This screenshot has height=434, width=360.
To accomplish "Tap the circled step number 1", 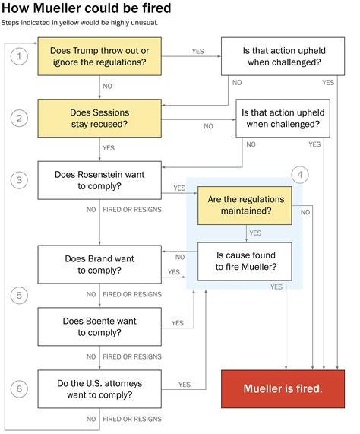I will coord(22,56).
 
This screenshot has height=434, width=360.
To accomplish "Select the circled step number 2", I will coord(22,118).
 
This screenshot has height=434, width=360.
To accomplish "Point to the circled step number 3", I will coord(22,179).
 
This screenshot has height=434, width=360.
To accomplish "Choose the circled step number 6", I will coord(22,388).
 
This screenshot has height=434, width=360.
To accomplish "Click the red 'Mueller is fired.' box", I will coord(283,388).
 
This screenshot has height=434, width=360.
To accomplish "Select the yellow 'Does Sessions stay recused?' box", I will coord(104,119).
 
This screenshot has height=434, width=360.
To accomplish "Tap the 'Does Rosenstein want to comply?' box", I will coord(104,180).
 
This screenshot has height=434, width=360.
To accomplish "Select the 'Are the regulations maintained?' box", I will coord(245,205).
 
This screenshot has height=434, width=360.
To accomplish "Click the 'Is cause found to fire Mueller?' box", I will coord(245,261).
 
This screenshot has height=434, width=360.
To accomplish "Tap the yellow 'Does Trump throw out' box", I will coord(104,56).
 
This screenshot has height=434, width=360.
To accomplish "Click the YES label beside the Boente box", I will coord(178,323).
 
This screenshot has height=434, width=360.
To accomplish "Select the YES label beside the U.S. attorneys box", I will coord(184,385).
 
